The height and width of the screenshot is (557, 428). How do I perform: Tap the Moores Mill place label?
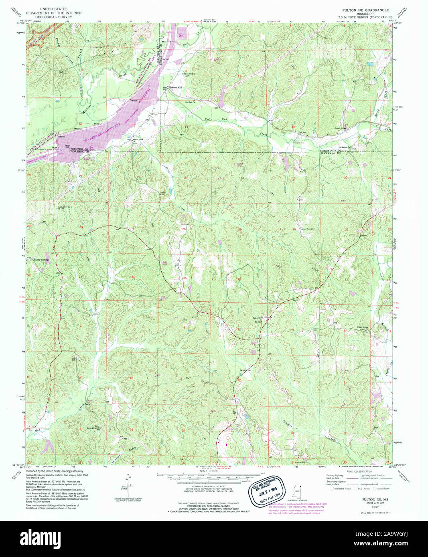pos(175,87)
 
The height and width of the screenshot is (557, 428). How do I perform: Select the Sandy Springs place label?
pos(42,260)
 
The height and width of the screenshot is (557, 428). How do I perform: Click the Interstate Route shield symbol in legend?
pos(331,488)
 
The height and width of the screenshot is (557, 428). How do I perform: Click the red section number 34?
pos(133,277)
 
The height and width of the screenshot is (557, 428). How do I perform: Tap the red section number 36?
pos(239,279)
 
